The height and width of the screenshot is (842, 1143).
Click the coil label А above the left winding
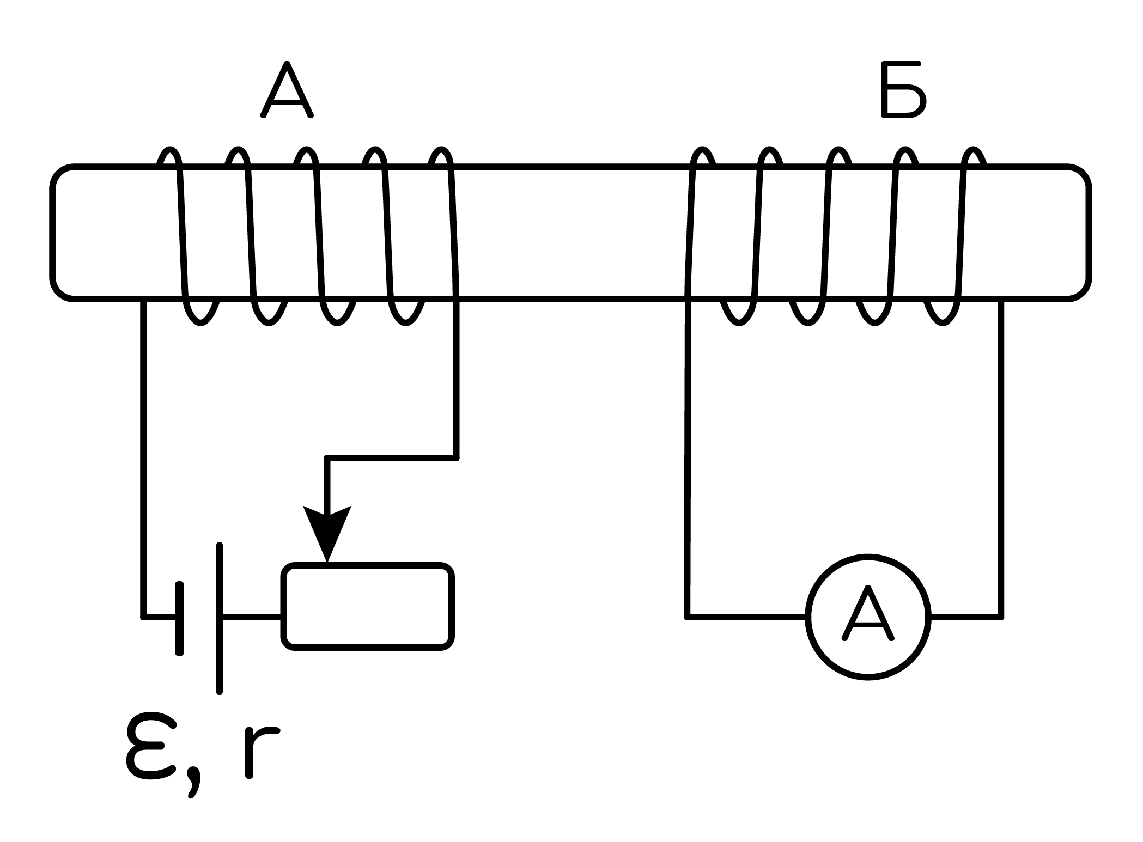(287, 90)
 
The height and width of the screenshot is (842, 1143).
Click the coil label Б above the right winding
(903, 90)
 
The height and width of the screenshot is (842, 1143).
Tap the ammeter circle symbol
(868, 617)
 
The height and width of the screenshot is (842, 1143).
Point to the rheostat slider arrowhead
(327, 533)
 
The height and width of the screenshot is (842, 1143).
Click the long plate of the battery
(219, 618)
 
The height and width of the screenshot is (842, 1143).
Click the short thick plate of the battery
(179, 618)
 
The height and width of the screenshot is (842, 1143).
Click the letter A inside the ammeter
(868, 613)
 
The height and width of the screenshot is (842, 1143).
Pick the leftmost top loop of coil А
(170, 157)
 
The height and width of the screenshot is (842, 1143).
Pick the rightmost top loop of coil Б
(973, 157)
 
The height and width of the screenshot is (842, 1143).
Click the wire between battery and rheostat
(252, 617)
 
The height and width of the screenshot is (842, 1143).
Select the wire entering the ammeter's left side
(746, 617)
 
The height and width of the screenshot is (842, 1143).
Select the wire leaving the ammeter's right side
(966, 617)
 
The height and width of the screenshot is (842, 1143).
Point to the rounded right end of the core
(1088, 232)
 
